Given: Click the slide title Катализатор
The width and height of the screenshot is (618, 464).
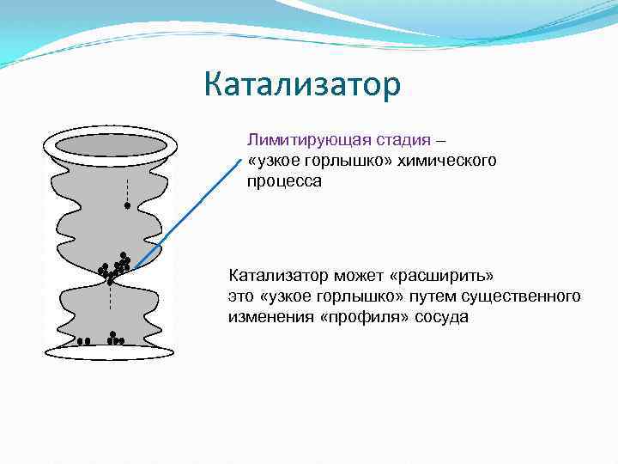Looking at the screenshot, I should pos(302,85).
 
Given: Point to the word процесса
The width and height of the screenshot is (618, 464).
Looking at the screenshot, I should pos(284,181).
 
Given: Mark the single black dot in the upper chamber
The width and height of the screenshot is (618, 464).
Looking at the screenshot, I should pos(127,206).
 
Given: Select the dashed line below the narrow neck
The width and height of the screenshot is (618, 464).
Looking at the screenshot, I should pos(110,297).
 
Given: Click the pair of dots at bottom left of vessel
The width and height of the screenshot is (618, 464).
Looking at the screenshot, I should pos(83,341).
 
